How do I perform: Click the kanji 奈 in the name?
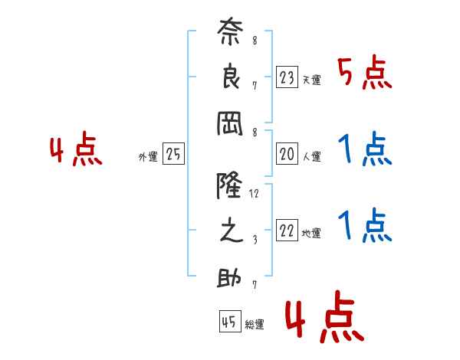pyautogui.click(x=230, y=31)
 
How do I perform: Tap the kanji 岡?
pyautogui.click(x=230, y=123)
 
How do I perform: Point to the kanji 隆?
pyautogui.click(x=229, y=185)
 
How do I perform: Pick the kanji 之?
pyautogui.click(x=231, y=230)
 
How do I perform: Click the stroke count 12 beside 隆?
pyautogui.click(x=254, y=194)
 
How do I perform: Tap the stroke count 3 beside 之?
pyautogui.click(x=255, y=240)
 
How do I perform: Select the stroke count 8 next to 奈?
pyautogui.click(x=255, y=40)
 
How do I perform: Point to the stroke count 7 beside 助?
pyautogui.click(x=255, y=285)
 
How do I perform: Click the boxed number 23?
pyautogui.click(x=287, y=77)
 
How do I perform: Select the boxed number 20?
pyautogui.click(x=287, y=154)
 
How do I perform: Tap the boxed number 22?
pyautogui.click(x=287, y=230)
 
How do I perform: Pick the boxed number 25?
pyautogui.click(x=173, y=154)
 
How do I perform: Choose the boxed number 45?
pyautogui.click(x=230, y=321)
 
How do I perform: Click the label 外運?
pyautogui.click(x=148, y=157)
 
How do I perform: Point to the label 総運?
pyautogui.click(x=254, y=325)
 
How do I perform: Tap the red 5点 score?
pyautogui.click(x=365, y=73)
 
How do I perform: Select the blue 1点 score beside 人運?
pyautogui.click(x=365, y=149)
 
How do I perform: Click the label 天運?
pyautogui.click(x=311, y=80)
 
